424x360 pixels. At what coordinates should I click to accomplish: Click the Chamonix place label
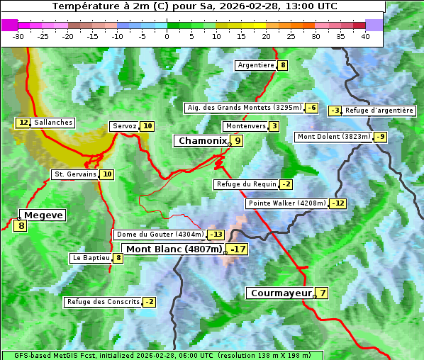click(202, 141)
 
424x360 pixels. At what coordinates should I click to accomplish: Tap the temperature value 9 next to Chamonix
click(238, 141)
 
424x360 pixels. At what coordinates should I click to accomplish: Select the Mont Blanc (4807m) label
click(174, 249)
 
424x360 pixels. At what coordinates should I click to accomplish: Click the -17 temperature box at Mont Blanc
click(237, 249)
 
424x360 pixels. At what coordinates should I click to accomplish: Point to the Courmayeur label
click(281, 293)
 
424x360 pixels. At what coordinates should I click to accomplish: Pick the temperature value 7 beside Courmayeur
click(323, 293)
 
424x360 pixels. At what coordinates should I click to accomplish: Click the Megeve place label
click(44, 215)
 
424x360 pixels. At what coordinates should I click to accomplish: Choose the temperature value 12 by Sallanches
click(23, 123)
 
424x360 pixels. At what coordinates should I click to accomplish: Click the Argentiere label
click(256, 65)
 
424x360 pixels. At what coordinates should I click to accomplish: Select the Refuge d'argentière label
click(379, 111)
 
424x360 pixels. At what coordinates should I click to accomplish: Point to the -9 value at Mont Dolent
click(381, 137)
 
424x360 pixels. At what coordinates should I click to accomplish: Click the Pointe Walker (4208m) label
click(287, 203)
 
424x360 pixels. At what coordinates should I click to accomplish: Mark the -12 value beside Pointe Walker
click(338, 203)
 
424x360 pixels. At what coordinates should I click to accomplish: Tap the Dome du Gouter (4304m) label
click(160, 235)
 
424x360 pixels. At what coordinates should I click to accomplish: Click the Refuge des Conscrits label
click(103, 302)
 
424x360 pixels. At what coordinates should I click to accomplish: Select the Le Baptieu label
click(91, 258)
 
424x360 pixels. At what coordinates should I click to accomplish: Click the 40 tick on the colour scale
click(365, 36)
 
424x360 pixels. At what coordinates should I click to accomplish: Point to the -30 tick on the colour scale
click(18, 36)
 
